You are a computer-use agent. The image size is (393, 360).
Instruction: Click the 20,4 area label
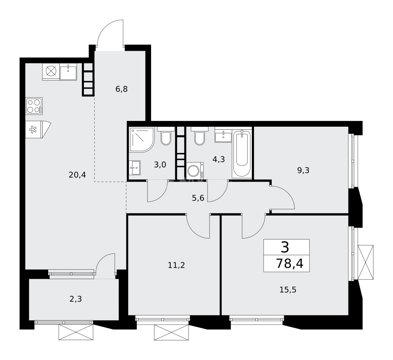click(77, 174)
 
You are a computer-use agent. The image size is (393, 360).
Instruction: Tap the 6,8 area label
click(122, 89)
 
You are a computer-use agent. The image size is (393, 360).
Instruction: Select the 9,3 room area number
click(303, 170)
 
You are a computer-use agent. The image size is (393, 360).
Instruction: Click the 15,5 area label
click(288, 289)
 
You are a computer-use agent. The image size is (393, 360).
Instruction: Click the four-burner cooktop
click(34, 106)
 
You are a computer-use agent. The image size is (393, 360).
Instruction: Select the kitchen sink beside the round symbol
click(68, 72)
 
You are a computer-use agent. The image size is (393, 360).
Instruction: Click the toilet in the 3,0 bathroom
click(165, 137)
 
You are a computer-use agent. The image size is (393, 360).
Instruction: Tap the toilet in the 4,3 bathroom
click(200, 137)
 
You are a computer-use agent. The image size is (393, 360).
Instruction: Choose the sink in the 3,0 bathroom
click(135, 167)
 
